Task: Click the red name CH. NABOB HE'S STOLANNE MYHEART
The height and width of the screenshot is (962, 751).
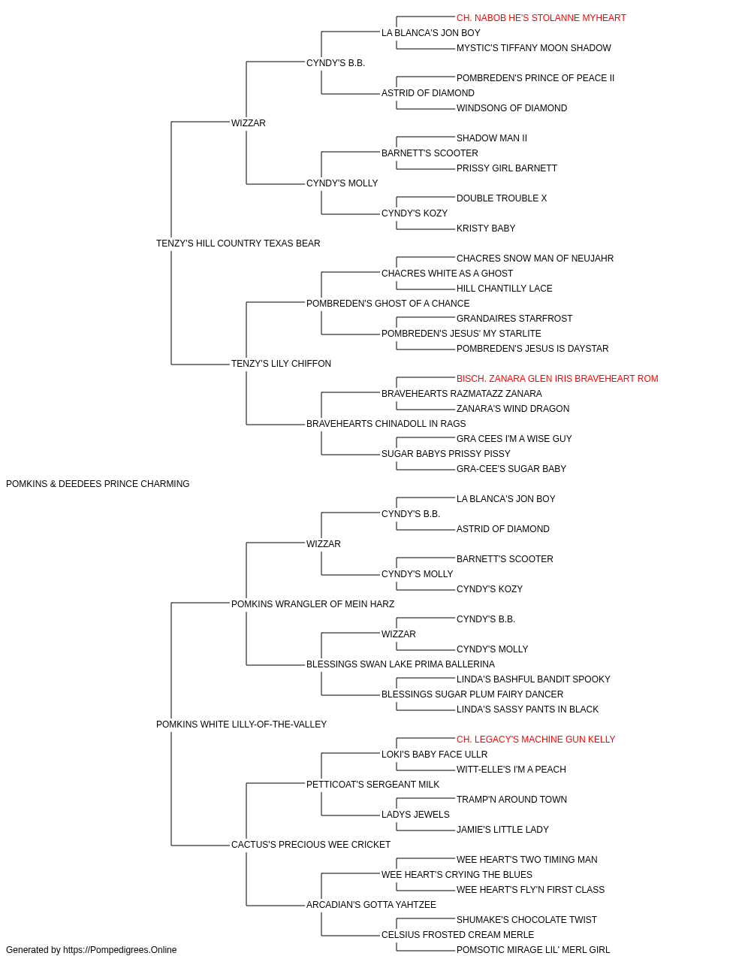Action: pyautogui.click(x=541, y=18)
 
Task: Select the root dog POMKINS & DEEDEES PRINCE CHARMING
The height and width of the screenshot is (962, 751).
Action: pyautogui.click(x=98, y=484)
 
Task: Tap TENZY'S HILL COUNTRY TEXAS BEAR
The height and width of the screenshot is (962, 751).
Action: pyautogui.click(x=238, y=243)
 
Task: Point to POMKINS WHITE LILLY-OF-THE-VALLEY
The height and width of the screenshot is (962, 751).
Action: pyautogui.click(x=241, y=725)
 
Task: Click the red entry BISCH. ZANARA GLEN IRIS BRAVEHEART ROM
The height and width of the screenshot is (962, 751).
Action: pyautogui.click(x=557, y=379)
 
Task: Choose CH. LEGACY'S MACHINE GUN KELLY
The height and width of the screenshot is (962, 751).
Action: pyautogui.click(x=535, y=740)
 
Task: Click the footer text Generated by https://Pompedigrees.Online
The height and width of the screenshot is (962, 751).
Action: pyautogui.click(x=91, y=950)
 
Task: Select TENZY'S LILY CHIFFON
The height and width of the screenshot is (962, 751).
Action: pyautogui.click(x=281, y=364)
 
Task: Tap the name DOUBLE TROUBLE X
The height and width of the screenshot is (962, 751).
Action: pyautogui.click(x=502, y=198)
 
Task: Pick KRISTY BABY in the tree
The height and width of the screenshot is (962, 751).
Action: pyautogui.click(x=486, y=228)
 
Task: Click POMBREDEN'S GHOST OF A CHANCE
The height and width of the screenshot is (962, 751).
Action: pyautogui.click(x=388, y=303)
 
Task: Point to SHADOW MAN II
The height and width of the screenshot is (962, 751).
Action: pyautogui.click(x=491, y=138)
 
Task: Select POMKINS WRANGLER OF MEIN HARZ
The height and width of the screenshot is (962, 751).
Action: pyautogui.click(x=312, y=604)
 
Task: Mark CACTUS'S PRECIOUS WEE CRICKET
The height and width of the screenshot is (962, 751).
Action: pyautogui.click(x=310, y=845)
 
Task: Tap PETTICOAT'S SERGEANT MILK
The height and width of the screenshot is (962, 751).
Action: pyautogui.click(x=372, y=785)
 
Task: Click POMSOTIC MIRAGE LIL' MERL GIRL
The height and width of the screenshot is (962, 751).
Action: pyautogui.click(x=533, y=950)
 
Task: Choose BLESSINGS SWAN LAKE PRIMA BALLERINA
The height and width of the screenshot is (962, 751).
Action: pyautogui.click(x=400, y=664)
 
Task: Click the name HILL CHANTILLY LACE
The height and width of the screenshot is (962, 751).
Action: pyautogui.click(x=504, y=288)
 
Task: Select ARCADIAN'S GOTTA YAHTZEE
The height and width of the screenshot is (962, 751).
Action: pyautogui.click(x=371, y=904)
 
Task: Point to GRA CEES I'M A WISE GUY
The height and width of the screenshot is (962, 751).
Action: pyautogui.click(x=514, y=439)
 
